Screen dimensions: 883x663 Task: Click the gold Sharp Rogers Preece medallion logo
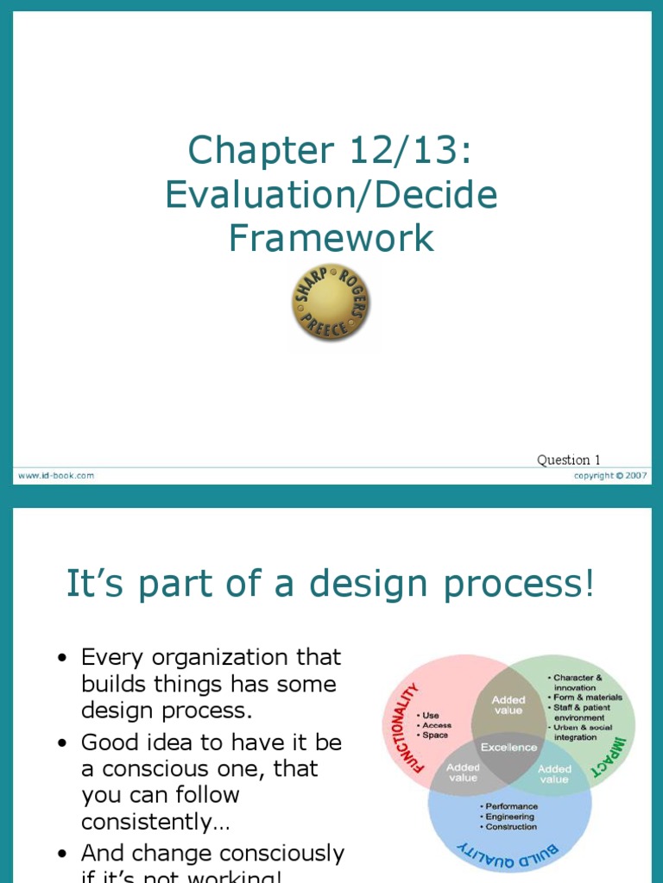pos(331,303)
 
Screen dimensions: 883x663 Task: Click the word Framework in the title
pos(331,238)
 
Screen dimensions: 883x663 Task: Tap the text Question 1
pos(569,460)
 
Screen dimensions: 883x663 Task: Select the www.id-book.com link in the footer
pos(55,475)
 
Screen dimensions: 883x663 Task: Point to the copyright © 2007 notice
pos(611,475)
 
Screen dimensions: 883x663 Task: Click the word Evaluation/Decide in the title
pos(331,195)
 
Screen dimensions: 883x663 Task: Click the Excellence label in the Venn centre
pos(508,748)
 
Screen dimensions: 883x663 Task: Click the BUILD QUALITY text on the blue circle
pos(508,859)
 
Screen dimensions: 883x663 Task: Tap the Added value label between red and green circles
pos(508,705)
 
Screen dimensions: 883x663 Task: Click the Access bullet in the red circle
pos(437,725)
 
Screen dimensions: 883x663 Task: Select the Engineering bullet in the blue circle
pos(509,817)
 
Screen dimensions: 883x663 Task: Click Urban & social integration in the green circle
pos(583,732)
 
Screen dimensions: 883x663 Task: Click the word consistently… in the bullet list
pos(155,822)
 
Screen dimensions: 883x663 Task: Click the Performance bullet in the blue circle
pos(511,806)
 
